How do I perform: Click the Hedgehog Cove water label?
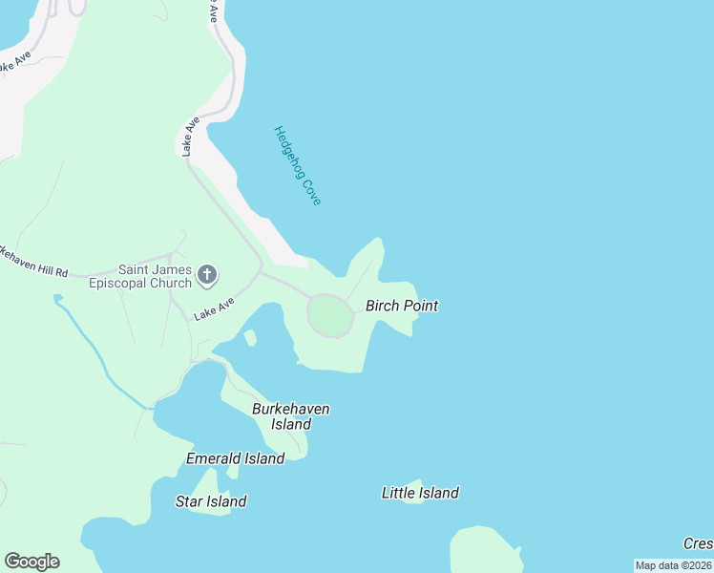[297, 165]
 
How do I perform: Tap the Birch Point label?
[402, 306]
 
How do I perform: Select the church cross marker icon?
[207, 277]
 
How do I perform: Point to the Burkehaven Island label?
[291, 416]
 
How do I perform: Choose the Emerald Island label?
[235, 458]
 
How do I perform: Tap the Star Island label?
[211, 501]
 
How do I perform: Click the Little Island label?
[420, 493]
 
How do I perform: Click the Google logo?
[31, 562]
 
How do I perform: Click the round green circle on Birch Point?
[330, 316]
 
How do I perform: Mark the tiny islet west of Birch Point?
[250, 338]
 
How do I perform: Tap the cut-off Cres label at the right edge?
[698, 543]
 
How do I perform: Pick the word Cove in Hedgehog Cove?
[312, 191]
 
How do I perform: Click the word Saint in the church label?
[137, 270]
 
